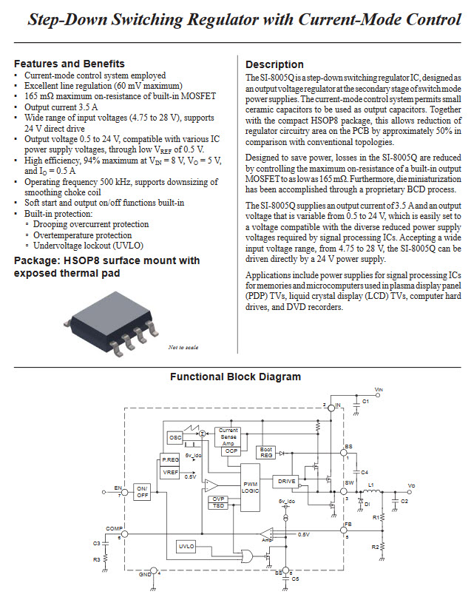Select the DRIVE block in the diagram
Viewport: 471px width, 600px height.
[x=287, y=482]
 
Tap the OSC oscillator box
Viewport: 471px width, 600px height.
[x=175, y=438]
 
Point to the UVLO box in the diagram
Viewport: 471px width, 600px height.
[x=186, y=546]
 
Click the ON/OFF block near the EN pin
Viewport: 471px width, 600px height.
[x=142, y=491]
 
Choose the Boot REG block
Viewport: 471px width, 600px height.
[x=266, y=452]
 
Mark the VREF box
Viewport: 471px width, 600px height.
[x=170, y=471]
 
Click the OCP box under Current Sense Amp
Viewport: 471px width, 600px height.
[x=231, y=450]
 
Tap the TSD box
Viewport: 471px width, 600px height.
[x=219, y=506]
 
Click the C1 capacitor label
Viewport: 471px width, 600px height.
[x=365, y=400]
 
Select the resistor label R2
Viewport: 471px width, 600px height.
[x=375, y=547]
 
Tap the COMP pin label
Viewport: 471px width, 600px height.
[x=113, y=527]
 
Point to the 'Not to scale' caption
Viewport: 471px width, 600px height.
[x=183, y=347]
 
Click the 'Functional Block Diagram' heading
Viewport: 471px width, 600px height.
[x=235, y=377]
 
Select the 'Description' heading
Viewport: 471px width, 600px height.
[x=274, y=64]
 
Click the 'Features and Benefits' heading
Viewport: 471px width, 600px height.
[x=70, y=64]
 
